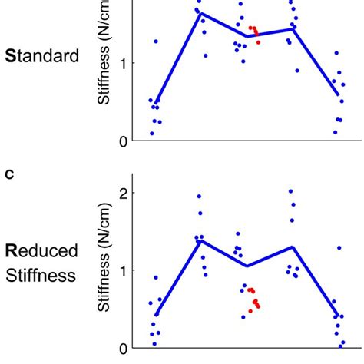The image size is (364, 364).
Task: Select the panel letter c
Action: [x=9, y=174]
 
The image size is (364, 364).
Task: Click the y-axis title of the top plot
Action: [x=105, y=54]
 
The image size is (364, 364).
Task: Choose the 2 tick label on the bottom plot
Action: [x=123, y=192]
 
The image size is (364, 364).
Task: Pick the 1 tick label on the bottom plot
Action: [x=123, y=270]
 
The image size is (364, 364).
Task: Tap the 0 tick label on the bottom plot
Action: [x=123, y=348]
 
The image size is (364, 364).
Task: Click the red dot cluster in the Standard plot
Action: [x=254, y=33]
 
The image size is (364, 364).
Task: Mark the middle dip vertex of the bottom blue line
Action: [x=246, y=266]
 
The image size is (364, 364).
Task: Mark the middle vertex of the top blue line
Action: [x=246, y=35]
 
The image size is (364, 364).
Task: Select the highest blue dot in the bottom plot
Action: [x=290, y=191]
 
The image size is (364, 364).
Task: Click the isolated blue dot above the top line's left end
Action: [x=156, y=41]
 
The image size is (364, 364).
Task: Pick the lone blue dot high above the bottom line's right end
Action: [x=339, y=248]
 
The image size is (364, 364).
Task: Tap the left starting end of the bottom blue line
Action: [x=155, y=315]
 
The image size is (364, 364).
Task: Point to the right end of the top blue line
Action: [x=339, y=96]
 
